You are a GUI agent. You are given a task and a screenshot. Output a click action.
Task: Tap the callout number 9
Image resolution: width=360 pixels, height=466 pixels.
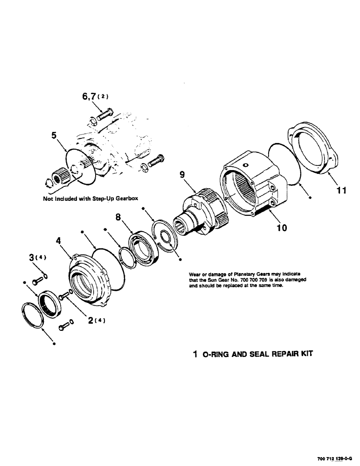coord(182,175)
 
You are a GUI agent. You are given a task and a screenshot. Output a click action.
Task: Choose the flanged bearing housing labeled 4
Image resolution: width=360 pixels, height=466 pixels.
coord(91,280)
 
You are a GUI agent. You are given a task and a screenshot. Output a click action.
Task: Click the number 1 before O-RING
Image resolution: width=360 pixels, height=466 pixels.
coord(195,354)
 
